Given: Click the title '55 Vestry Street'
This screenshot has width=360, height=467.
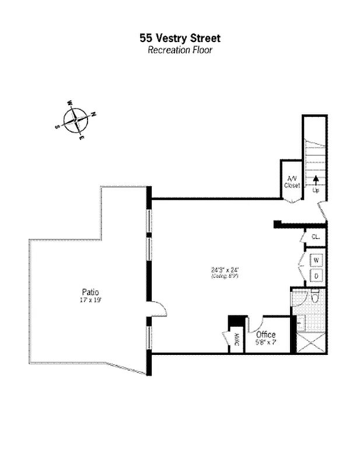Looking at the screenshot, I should (180, 39).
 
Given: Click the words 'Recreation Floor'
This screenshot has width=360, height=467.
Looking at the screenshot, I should (180, 50).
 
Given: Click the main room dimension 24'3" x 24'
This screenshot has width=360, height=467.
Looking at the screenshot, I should (225, 270).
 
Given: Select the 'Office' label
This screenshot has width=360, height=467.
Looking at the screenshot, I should (265, 334).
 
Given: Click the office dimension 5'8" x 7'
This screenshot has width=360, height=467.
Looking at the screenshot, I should (265, 343).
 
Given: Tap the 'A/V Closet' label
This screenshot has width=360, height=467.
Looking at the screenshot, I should (291, 182).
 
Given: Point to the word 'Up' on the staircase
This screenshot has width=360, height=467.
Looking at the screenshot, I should (316, 190).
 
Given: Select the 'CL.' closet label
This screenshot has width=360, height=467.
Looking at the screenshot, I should (316, 237).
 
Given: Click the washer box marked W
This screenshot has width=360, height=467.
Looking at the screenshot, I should (316, 259).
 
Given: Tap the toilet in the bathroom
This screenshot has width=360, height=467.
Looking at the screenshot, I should (314, 297).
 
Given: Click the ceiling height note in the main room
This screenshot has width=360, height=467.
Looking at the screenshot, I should (225, 277).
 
